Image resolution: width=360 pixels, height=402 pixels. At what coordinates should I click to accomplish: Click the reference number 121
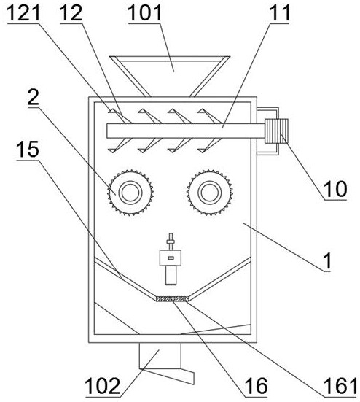point(24,13)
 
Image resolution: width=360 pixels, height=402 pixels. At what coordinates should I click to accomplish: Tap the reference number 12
point(71,13)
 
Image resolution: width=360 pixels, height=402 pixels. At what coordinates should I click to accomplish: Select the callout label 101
point(145,13)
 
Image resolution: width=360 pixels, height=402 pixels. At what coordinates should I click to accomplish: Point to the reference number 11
point(280,13)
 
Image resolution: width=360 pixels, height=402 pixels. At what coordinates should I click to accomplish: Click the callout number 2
point(34,98)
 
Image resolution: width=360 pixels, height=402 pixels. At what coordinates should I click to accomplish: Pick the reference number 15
point(28,150)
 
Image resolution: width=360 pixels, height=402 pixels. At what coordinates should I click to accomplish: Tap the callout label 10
point(335,189)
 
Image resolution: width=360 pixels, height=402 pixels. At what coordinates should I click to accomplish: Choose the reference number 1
point(328,261)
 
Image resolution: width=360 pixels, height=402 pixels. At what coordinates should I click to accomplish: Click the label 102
point(103,386)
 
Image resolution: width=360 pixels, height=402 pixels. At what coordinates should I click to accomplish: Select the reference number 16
point(256,386)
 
